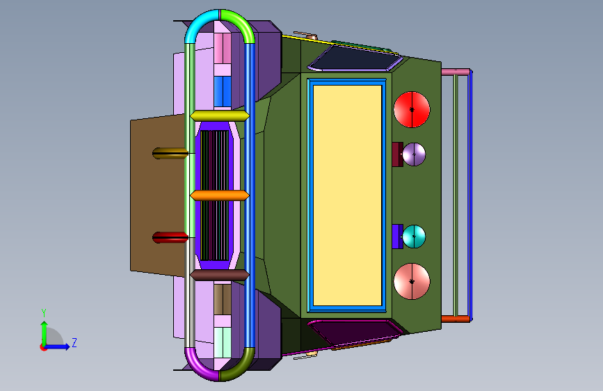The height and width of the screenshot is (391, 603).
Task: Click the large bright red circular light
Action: (412, 109)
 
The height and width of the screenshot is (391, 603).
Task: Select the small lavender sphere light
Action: (414, 154)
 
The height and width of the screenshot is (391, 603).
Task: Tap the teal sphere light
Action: (414, 237)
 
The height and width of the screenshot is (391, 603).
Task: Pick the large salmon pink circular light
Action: (412, 281)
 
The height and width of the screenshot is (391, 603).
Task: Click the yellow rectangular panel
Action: (347, 195)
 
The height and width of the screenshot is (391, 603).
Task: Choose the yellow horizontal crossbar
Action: (220, 115)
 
